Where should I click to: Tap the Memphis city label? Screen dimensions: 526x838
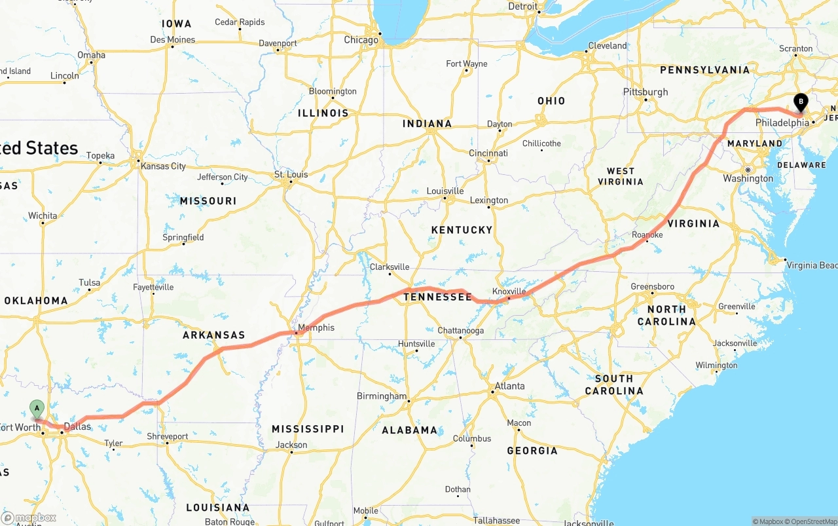click(316, 328)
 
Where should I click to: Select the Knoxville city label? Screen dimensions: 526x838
click(509, 291)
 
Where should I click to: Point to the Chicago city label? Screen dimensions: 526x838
click(361, 40)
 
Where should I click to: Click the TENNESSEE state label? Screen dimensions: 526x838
click(437, 297)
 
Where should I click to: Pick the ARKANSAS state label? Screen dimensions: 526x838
click(213, 335)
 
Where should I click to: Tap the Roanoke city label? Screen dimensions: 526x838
click(647, 235)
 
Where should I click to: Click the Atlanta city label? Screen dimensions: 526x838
click(509, 386)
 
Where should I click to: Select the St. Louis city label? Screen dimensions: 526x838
click(291, 175)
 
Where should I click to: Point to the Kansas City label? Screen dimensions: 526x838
click(163, 166)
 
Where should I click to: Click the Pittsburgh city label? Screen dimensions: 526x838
click(646, 92)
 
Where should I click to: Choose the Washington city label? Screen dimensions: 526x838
click(748, 178)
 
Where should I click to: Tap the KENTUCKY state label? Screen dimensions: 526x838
click(462, 230)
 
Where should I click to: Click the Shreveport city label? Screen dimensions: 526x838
click(168, 436)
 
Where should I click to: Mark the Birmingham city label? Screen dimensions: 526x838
click(382, 396)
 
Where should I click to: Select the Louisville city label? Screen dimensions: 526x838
click(445, 191)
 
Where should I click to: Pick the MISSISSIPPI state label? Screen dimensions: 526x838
click(308, 429)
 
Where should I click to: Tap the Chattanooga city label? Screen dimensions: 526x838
click(460, 331)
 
